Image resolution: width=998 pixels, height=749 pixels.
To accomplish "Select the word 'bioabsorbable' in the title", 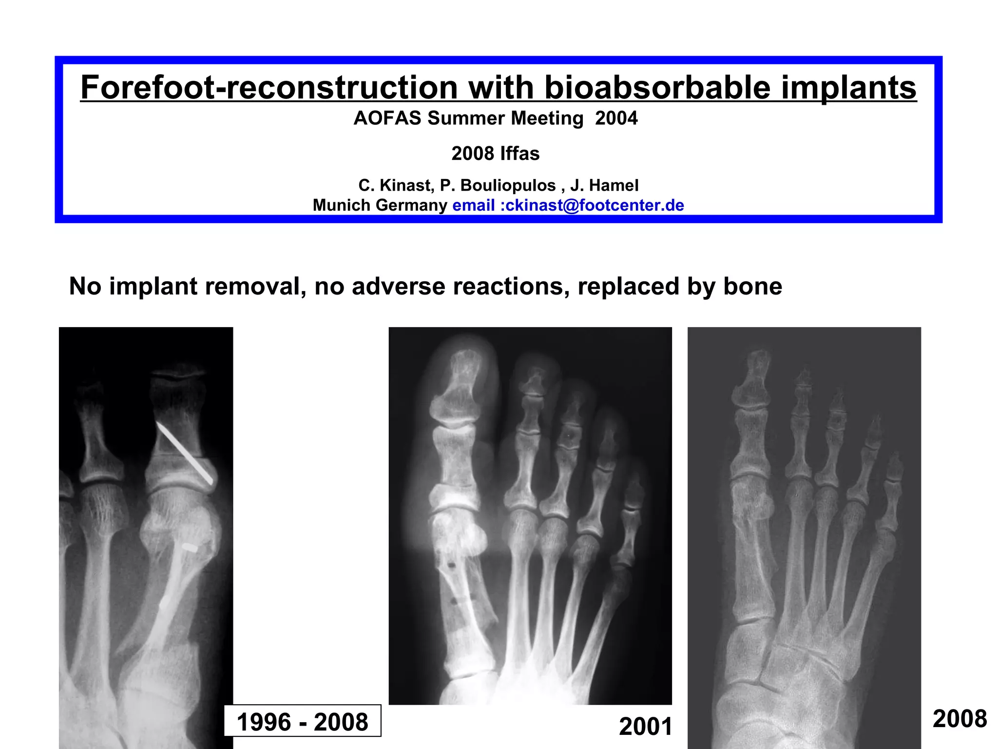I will (x=657, y=88).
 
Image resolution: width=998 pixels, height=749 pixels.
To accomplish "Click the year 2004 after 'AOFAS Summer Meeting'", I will (x=616, y=118).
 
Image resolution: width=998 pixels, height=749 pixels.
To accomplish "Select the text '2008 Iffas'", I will (x=495, y=154).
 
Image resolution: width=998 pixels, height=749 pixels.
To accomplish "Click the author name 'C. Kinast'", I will (x=395, y=186).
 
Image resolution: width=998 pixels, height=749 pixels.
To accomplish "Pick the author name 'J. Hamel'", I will (x=604, y=186).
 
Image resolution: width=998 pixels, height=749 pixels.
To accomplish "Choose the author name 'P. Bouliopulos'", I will (x=498, y=186).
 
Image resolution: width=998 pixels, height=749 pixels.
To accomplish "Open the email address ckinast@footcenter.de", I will (x=595, y=205).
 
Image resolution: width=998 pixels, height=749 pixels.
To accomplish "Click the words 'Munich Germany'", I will (x=380, y=205).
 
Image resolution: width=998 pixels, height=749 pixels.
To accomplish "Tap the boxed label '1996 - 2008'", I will (x=302, y=722).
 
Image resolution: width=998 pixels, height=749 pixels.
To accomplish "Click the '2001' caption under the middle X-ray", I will (x=645, y=727).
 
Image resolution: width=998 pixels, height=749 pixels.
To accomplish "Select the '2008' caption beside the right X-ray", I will (x=960, y=719).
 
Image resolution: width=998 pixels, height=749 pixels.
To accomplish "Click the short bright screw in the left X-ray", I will (x=190, y=548).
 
